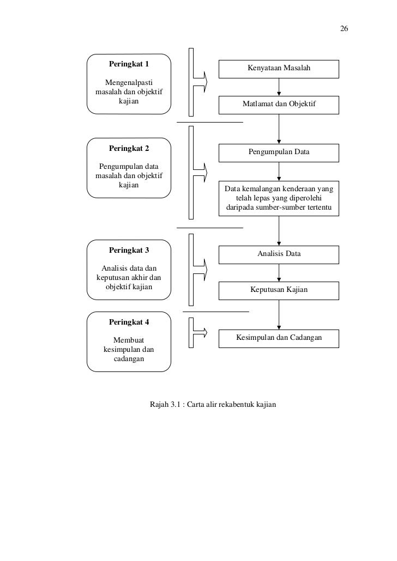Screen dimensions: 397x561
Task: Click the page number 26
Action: click(344, 29)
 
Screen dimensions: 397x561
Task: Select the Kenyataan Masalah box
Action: click(279, 69)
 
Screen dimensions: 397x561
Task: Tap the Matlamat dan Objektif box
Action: click(279, 105)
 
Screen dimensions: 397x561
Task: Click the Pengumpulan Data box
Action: click(279, 153)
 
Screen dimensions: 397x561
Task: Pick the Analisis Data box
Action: click(279, 255)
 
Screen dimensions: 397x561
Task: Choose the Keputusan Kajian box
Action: click(279, 290)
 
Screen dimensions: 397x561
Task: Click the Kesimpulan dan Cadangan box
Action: click(279, 338)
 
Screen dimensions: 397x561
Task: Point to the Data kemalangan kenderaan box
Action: click(279, 198)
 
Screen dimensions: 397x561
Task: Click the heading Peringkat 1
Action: click(129, 64)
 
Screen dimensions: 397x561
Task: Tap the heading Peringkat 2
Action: click(129, 148)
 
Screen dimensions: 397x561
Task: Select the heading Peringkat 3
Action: click(129, 250)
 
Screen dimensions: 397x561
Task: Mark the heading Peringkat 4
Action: click(129, 322)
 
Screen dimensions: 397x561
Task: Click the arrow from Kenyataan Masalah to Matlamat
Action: click(279, 87)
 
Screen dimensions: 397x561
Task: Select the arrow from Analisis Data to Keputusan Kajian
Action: click(279, 273)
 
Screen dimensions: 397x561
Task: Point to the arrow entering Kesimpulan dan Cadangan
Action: click(279, 314)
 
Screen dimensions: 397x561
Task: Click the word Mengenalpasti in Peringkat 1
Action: click(129, 83)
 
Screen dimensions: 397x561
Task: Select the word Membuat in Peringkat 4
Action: click(129, 340)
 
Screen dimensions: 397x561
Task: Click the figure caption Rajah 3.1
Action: click(213, 404)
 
